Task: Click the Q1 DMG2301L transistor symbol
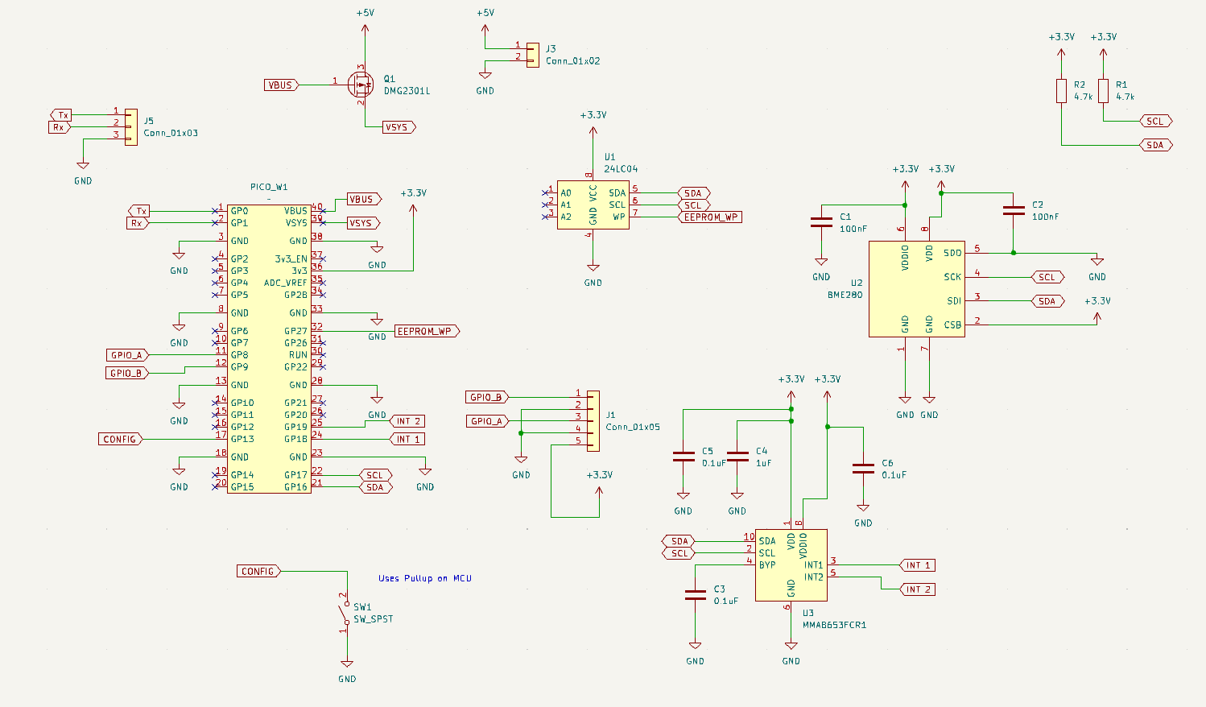[361, 84]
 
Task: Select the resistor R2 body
[1061, 90]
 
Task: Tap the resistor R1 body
[1103, 90]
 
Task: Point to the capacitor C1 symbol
[821, 221]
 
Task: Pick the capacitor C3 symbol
[695, 595]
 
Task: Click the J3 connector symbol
[532, 55]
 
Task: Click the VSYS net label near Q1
[398, 127]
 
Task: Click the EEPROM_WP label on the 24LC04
[709, 217]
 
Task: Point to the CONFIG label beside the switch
[258, 571]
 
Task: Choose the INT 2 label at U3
[917, 589]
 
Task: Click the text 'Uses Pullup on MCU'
[425, 578]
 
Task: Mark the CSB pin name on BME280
[952, 325]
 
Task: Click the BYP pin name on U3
[766, 564]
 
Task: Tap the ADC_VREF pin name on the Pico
[285, 283]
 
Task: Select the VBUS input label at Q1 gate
[281, 85]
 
